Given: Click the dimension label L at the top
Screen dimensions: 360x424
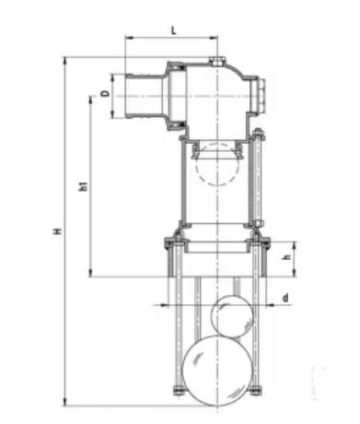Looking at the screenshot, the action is [174, 30].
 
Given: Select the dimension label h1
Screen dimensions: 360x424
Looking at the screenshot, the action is [84, 186].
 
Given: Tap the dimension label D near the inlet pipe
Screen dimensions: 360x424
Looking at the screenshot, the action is [105, 93].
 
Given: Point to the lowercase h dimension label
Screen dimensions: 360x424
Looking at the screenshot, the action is [286, 257].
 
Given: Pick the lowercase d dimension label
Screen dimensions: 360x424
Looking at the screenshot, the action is [285, 298].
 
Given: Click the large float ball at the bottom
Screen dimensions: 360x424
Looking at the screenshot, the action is [217, 371].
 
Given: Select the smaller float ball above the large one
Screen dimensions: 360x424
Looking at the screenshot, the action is [233, 316].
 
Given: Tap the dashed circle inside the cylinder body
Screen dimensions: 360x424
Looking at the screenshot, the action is [217, 164].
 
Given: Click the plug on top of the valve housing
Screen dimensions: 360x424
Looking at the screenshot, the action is [217, 61].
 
